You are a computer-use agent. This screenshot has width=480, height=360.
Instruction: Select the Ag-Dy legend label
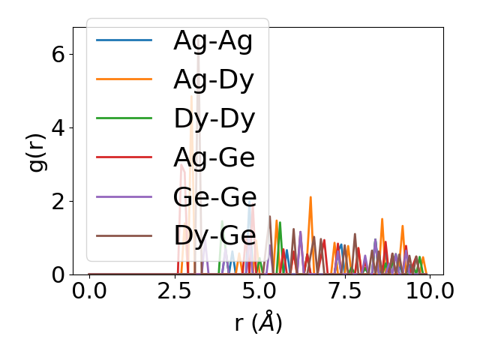214,79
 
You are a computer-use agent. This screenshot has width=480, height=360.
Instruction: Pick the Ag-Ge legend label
214,157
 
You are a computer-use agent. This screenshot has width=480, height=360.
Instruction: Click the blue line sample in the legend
124,40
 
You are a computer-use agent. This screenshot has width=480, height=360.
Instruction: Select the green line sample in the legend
124,118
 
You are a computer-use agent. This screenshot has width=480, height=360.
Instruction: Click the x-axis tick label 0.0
89,291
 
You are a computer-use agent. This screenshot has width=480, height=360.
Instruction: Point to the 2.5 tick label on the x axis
174,291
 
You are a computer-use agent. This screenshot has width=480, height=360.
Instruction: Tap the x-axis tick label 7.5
344,291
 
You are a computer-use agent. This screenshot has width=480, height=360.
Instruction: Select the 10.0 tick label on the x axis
429,291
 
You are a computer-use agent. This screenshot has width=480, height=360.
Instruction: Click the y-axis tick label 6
58,54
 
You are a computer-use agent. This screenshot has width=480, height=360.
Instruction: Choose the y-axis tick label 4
58,127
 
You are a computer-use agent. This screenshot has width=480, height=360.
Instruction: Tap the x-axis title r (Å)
258,323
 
